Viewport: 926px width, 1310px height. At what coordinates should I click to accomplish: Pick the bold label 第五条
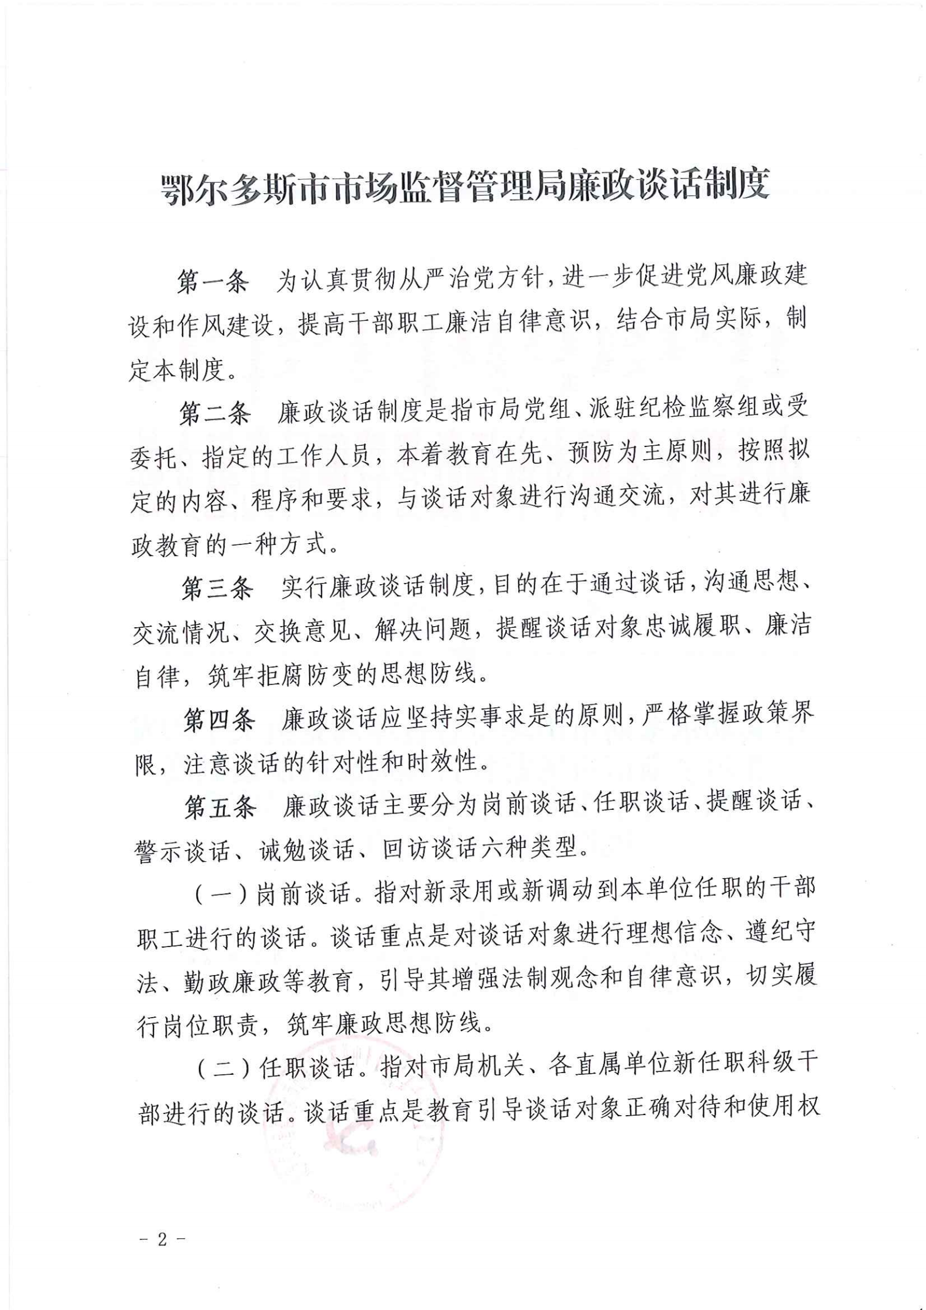tap(220, 808)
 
